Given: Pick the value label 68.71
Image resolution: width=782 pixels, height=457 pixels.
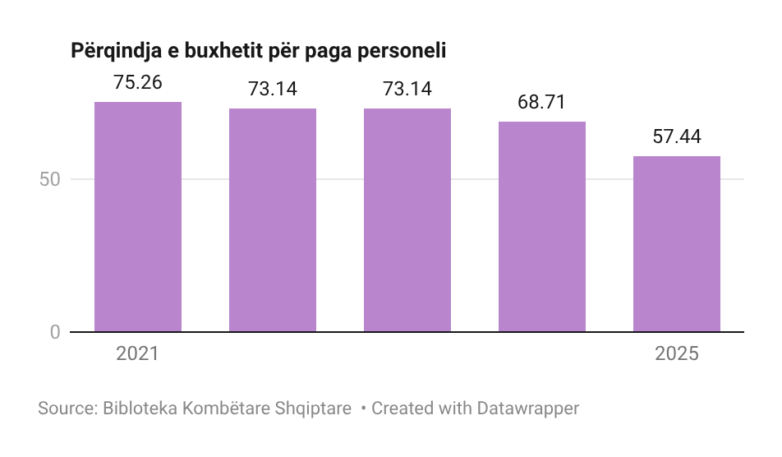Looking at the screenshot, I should pos(542,103).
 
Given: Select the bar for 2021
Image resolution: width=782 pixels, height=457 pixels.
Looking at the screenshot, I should pos(138,217).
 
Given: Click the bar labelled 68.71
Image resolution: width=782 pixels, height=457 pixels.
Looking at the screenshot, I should pos(542,227).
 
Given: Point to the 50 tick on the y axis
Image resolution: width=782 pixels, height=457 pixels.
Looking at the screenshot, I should pos(50,179).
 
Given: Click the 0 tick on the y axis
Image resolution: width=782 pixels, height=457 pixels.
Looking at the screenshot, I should pos(55,332).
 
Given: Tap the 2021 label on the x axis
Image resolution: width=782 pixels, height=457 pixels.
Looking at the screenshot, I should pos(137,354).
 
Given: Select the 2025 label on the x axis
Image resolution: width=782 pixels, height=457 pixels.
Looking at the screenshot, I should pos(677,354).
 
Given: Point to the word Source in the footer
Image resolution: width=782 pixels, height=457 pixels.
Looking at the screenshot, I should pos(65,409).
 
